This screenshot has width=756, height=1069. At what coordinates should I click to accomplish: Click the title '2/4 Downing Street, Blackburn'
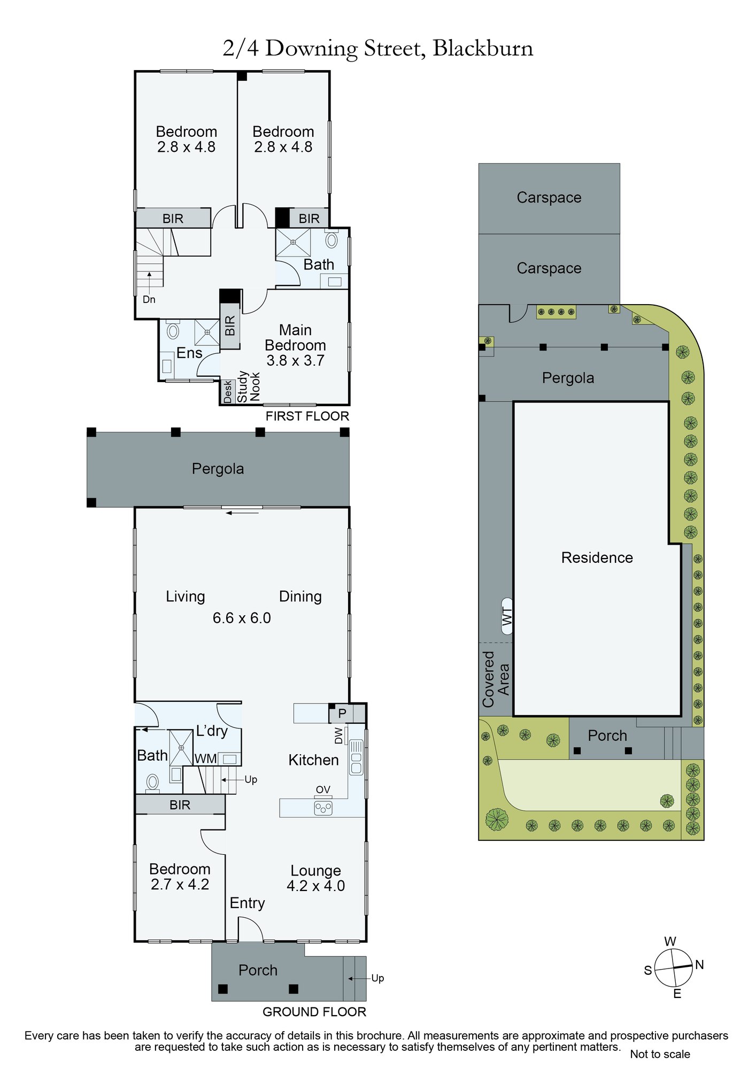378,49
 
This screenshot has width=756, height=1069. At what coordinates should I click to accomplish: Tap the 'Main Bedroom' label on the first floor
295,337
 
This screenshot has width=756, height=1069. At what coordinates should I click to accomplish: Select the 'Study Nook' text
249,386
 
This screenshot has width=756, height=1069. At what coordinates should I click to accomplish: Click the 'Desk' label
228,392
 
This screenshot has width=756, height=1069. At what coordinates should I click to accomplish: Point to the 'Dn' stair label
149,299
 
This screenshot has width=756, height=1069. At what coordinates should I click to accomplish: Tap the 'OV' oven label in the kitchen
323,789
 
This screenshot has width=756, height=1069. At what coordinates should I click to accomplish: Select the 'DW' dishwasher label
338,736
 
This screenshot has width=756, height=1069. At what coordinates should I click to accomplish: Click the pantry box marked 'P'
342,713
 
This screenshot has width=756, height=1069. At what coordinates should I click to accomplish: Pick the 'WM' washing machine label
206,758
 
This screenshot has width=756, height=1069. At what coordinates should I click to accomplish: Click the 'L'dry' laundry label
212,731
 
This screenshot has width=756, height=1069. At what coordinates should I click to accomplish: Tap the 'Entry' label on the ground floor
248,903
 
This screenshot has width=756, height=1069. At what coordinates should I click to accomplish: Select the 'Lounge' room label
315,871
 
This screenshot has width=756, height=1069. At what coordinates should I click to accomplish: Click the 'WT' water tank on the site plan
507,616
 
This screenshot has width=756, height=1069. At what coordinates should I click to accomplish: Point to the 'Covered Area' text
496,679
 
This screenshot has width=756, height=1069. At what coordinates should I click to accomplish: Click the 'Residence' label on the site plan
597,557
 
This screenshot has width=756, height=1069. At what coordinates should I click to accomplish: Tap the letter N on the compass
699,965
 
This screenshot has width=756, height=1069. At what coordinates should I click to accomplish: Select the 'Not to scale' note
660,1054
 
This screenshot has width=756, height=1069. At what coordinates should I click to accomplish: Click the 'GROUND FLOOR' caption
314,1012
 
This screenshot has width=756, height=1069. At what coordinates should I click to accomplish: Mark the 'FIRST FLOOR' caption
307,416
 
